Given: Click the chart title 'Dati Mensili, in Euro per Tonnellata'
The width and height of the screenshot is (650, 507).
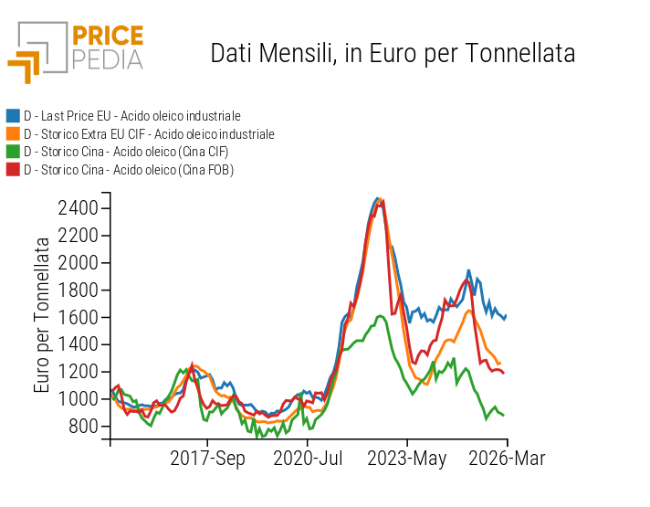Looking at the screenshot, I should coord(393,53).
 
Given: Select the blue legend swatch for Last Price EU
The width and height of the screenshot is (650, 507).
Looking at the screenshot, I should coord(13,116).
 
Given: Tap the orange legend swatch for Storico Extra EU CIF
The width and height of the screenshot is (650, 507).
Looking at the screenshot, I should coord(13,133).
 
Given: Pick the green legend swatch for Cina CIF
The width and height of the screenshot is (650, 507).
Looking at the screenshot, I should coord(13,152).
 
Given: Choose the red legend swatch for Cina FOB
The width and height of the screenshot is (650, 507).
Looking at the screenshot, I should coord(13,169).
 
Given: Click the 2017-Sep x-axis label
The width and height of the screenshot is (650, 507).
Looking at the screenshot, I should coord(208,459).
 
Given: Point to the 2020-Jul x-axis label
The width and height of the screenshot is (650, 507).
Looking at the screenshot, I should coord(308,459).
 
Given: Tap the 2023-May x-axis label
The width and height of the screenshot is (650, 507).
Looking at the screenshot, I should coord(407,459).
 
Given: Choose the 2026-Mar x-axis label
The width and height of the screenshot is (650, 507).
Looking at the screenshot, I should coord(506,459).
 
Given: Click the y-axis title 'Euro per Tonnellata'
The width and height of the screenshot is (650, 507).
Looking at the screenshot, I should coord(43,315).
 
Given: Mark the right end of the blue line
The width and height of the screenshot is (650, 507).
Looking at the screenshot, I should coord(506,315).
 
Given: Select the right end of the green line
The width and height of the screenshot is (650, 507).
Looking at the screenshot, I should coord(503,415).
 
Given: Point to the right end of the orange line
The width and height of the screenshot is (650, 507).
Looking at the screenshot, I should coord(500,363).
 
